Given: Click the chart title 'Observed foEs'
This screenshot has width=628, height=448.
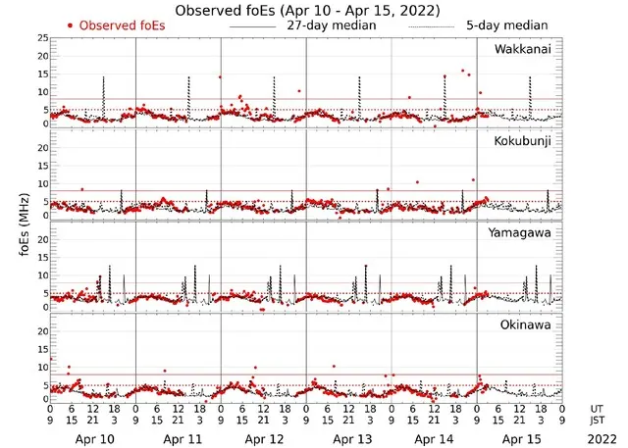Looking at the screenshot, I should [x=306, y=10].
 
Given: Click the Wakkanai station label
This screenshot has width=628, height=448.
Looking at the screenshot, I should [x=522, y=49].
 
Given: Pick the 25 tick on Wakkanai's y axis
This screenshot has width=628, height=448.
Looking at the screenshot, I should [x=42, y=37].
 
